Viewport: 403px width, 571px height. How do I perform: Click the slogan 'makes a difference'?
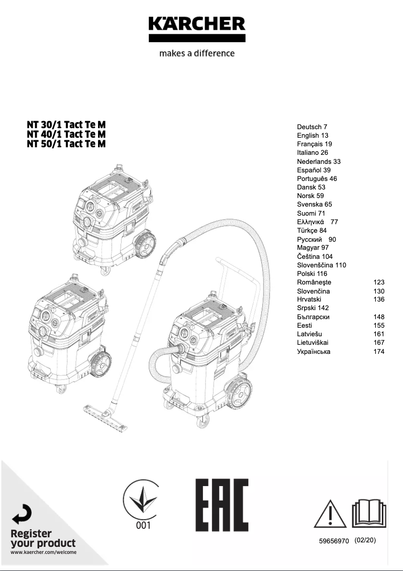pos(196,53)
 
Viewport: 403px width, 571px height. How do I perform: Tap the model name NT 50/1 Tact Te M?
pos(66,144)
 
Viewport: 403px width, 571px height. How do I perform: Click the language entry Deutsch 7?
pos(312,127)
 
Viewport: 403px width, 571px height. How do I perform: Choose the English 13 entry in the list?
pos(312,136)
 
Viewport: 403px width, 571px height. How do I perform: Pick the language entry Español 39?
pos(314,170)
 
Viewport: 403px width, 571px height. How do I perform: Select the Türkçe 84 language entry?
pos(312,231)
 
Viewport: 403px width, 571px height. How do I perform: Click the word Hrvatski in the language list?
pos(309,300)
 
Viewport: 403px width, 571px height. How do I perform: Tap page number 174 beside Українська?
pos(379,351)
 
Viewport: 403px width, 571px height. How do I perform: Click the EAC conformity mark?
pos(222,505)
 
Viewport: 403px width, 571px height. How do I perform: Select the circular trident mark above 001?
pos(141,499)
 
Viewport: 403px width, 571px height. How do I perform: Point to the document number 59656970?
pos(334,542)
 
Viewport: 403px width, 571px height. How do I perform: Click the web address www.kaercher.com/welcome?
pos(44,552)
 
